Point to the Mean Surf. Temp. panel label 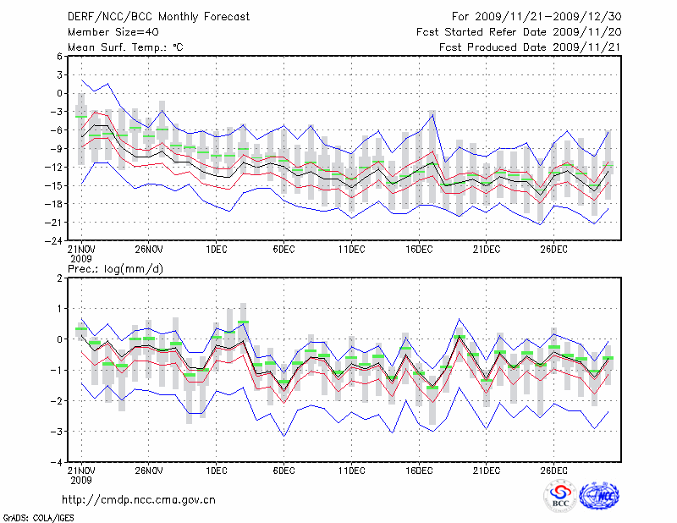pos(125,47)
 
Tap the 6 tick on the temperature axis pos(60,56)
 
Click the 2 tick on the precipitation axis pos(60,278)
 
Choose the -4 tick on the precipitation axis pos(58,463)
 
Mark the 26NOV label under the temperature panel pos(148,250)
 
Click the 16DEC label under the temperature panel pos(419,250)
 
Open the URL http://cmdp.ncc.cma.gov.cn pos(140,499)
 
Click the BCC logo pos(560,497)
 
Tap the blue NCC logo pos(599,497)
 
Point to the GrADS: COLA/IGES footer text pos(29,516)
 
